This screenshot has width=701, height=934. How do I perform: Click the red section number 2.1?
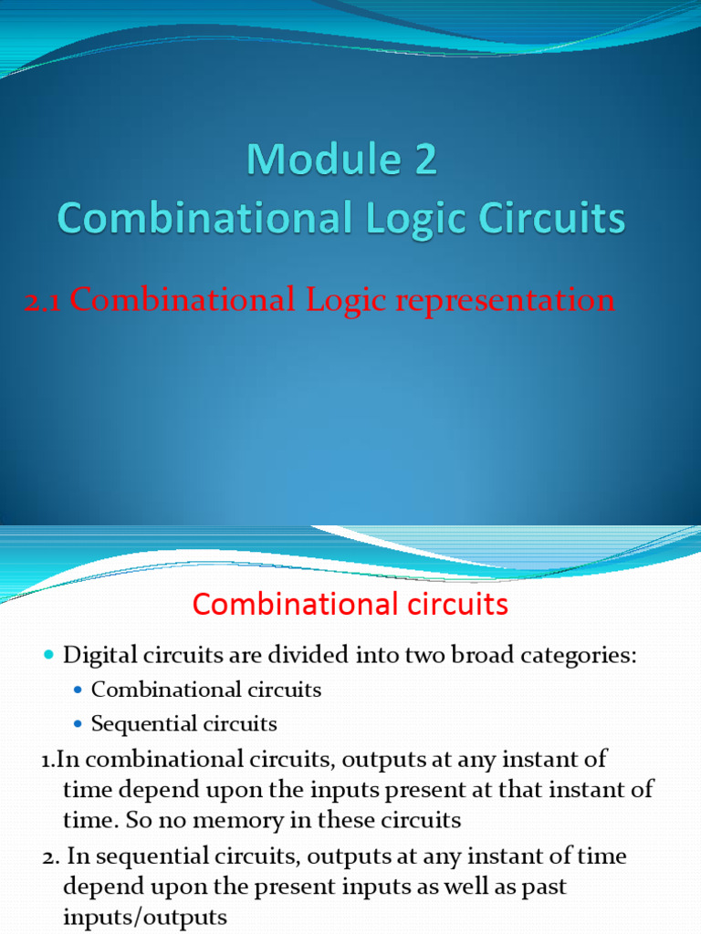(x=43, y=301)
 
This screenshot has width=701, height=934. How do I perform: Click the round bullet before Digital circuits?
(x=49, y=656)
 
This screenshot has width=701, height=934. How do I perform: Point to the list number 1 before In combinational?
(x=46, y=760)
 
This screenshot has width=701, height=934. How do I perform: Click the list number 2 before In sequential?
(x=47, y=857)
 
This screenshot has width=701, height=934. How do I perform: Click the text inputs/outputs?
(x=144, y=917)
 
